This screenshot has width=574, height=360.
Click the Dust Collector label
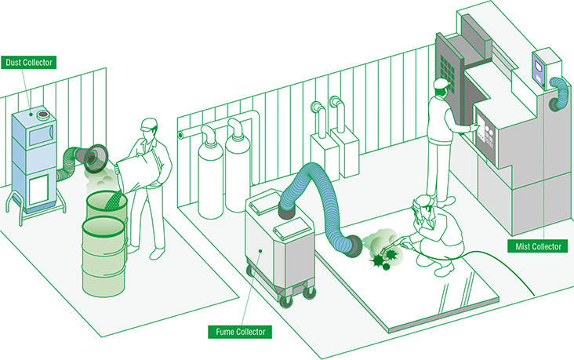[x=28, y=61]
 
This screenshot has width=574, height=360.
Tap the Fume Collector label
[x=239, y=333]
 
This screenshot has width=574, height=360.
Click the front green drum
[x=104, y=255]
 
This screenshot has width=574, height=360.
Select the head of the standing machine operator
[x=441, y=87]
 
